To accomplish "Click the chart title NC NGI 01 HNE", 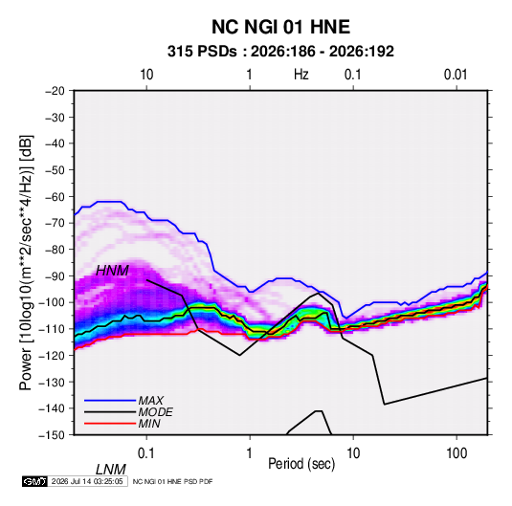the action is (x=280, y=27).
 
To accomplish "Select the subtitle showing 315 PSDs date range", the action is (x=280, y=52).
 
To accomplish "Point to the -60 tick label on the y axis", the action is (x=55, y=196).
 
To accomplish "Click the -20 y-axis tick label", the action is (x=55, y=91).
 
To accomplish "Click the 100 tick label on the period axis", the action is (x=456, y=453).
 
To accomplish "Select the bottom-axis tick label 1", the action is (x=250, y=453).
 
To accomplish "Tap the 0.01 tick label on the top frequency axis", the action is (x=456, y=75).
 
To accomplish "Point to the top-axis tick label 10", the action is (x=146, y=75).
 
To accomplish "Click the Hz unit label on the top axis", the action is (x=301, y=75).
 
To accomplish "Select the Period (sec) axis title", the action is (x=301, y=464).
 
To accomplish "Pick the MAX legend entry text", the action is (x=151, y=400).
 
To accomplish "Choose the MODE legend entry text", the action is (x=155, y=412).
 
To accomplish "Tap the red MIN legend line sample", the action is (x=110, y=424).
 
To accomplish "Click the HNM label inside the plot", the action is (x=112, y=271).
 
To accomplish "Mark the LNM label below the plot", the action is (x=111, y=470).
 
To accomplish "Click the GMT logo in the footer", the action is (x=35, y=481).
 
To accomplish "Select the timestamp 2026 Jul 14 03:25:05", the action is (x=87, y=481).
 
